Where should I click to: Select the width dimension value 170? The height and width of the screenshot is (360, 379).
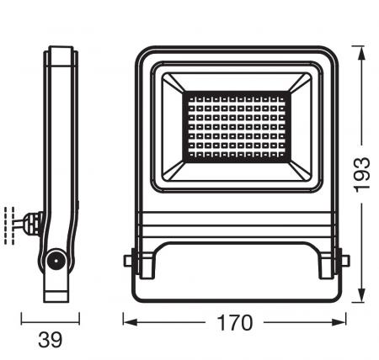[234, 321]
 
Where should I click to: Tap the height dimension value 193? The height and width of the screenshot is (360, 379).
[362, 173]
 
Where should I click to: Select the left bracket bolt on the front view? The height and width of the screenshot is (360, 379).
[130, 261]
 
